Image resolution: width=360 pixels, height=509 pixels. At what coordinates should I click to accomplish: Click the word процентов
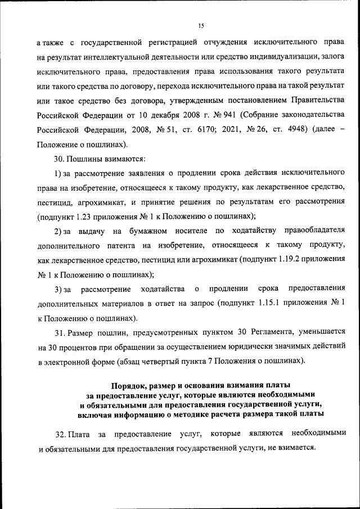[80, 348]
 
